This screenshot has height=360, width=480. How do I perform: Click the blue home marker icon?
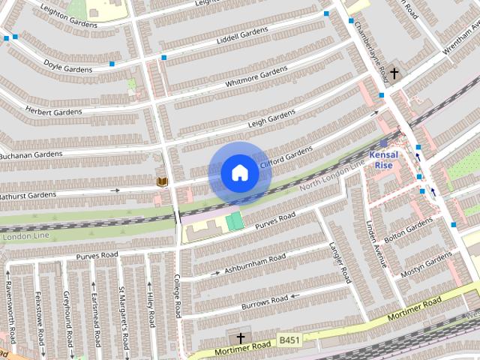point(239,173)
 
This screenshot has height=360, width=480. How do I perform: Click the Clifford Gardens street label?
point(285,158)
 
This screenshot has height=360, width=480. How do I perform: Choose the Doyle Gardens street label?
point(67,68)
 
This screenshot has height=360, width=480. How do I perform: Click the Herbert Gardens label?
point(54,112)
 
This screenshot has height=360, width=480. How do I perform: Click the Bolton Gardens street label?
point(409,232)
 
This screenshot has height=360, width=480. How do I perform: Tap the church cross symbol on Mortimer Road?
point(241,338)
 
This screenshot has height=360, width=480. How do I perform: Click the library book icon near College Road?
point(161,181)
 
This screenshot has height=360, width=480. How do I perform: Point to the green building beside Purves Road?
point(235,221)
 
